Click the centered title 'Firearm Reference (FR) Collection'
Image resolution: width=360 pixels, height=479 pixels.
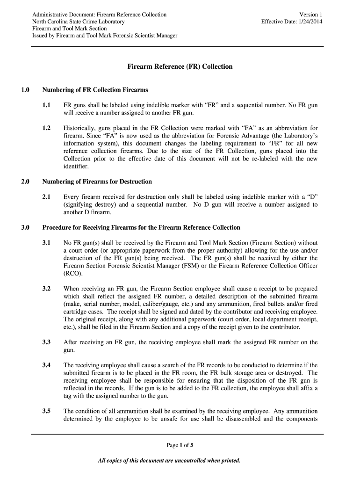pyautogui.click(x=180, y=66)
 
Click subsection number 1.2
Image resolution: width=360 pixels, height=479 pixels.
pyautogui.click(x=46, y=128)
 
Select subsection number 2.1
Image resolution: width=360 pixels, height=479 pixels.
pyautogui.click(x=46, y=197)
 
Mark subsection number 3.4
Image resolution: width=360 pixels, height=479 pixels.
pyautogui.click(x=46, y=365)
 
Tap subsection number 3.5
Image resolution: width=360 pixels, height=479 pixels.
pyautogui.click(x=46, y=411)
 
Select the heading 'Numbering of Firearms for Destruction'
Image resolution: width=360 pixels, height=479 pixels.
pyautogui.click(x=97, y=181)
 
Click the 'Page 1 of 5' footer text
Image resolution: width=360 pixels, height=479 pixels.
pyautogui.click(x=180, y=445)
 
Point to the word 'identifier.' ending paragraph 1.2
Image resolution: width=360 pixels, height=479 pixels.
pyautogui.click(x=76, y=167)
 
